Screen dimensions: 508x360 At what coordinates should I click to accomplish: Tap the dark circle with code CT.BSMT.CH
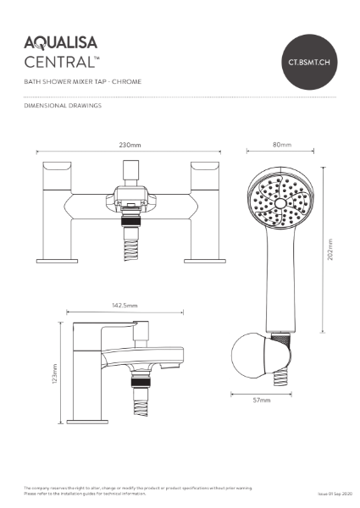pos(310,62)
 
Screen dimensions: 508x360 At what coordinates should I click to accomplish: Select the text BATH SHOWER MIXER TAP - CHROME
pos(82,82)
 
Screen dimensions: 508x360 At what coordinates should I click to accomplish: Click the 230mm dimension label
pos(131,145)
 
